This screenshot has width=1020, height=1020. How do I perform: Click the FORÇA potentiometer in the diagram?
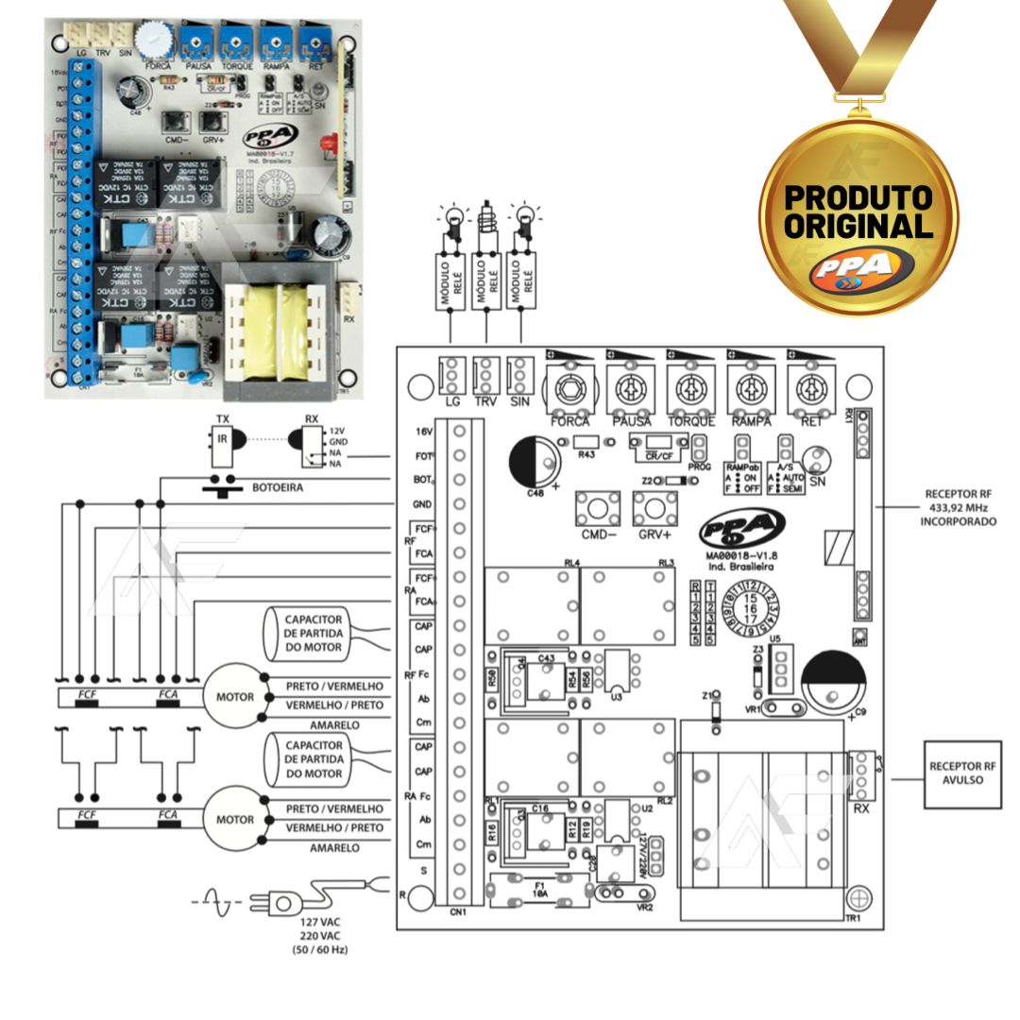pos(569,387)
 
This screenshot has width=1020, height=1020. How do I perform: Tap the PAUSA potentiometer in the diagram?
pos(630,387)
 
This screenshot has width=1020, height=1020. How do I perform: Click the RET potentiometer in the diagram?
pos(811,387)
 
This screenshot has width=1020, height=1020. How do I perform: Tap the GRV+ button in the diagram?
pos(654,509)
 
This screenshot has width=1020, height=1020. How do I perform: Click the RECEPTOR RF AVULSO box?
pos(962,773)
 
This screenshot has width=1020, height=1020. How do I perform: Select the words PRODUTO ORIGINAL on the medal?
pos(858,212)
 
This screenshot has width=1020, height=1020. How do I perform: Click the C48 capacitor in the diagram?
pos(533,464)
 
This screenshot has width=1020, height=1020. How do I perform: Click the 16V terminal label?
pos(423,431)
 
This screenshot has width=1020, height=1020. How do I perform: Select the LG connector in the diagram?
pos(452,376)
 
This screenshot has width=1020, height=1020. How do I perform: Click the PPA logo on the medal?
pos(859,267)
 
